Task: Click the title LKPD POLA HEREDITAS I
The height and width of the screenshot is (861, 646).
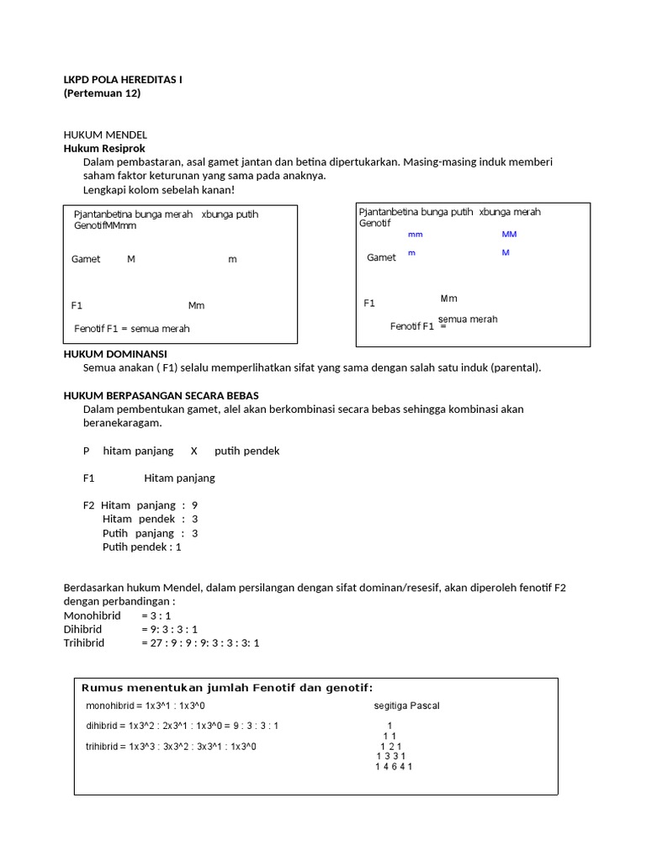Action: coord(123,79)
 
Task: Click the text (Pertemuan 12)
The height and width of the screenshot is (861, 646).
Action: coord(102,93)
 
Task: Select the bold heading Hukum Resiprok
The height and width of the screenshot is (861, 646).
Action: coord(104,148)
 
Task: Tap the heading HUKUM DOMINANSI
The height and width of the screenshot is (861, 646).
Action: coord(115,354)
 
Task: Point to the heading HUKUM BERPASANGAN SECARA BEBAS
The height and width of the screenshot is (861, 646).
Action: coord(161,395)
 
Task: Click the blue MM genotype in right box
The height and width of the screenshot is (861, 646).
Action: coord(509,235)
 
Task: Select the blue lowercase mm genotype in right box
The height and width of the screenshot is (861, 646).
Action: coord(416,235)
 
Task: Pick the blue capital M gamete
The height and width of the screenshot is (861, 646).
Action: coord(506,252)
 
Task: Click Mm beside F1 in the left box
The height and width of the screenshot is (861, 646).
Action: coord(196,305)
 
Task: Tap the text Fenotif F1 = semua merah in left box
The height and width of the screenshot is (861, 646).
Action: coord(132,329)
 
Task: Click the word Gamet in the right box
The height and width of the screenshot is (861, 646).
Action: coord(381,257)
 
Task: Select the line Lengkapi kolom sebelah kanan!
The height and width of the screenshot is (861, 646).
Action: coord(159,189)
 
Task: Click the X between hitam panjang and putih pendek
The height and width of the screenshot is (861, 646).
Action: coord(194,451)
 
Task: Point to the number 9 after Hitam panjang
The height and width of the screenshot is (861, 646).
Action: coord(195,505)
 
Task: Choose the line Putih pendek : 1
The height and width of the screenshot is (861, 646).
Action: coord(142,547)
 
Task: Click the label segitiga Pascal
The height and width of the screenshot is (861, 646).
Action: coord(406,705)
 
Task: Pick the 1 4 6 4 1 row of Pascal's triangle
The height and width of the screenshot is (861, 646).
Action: coord(394,766)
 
